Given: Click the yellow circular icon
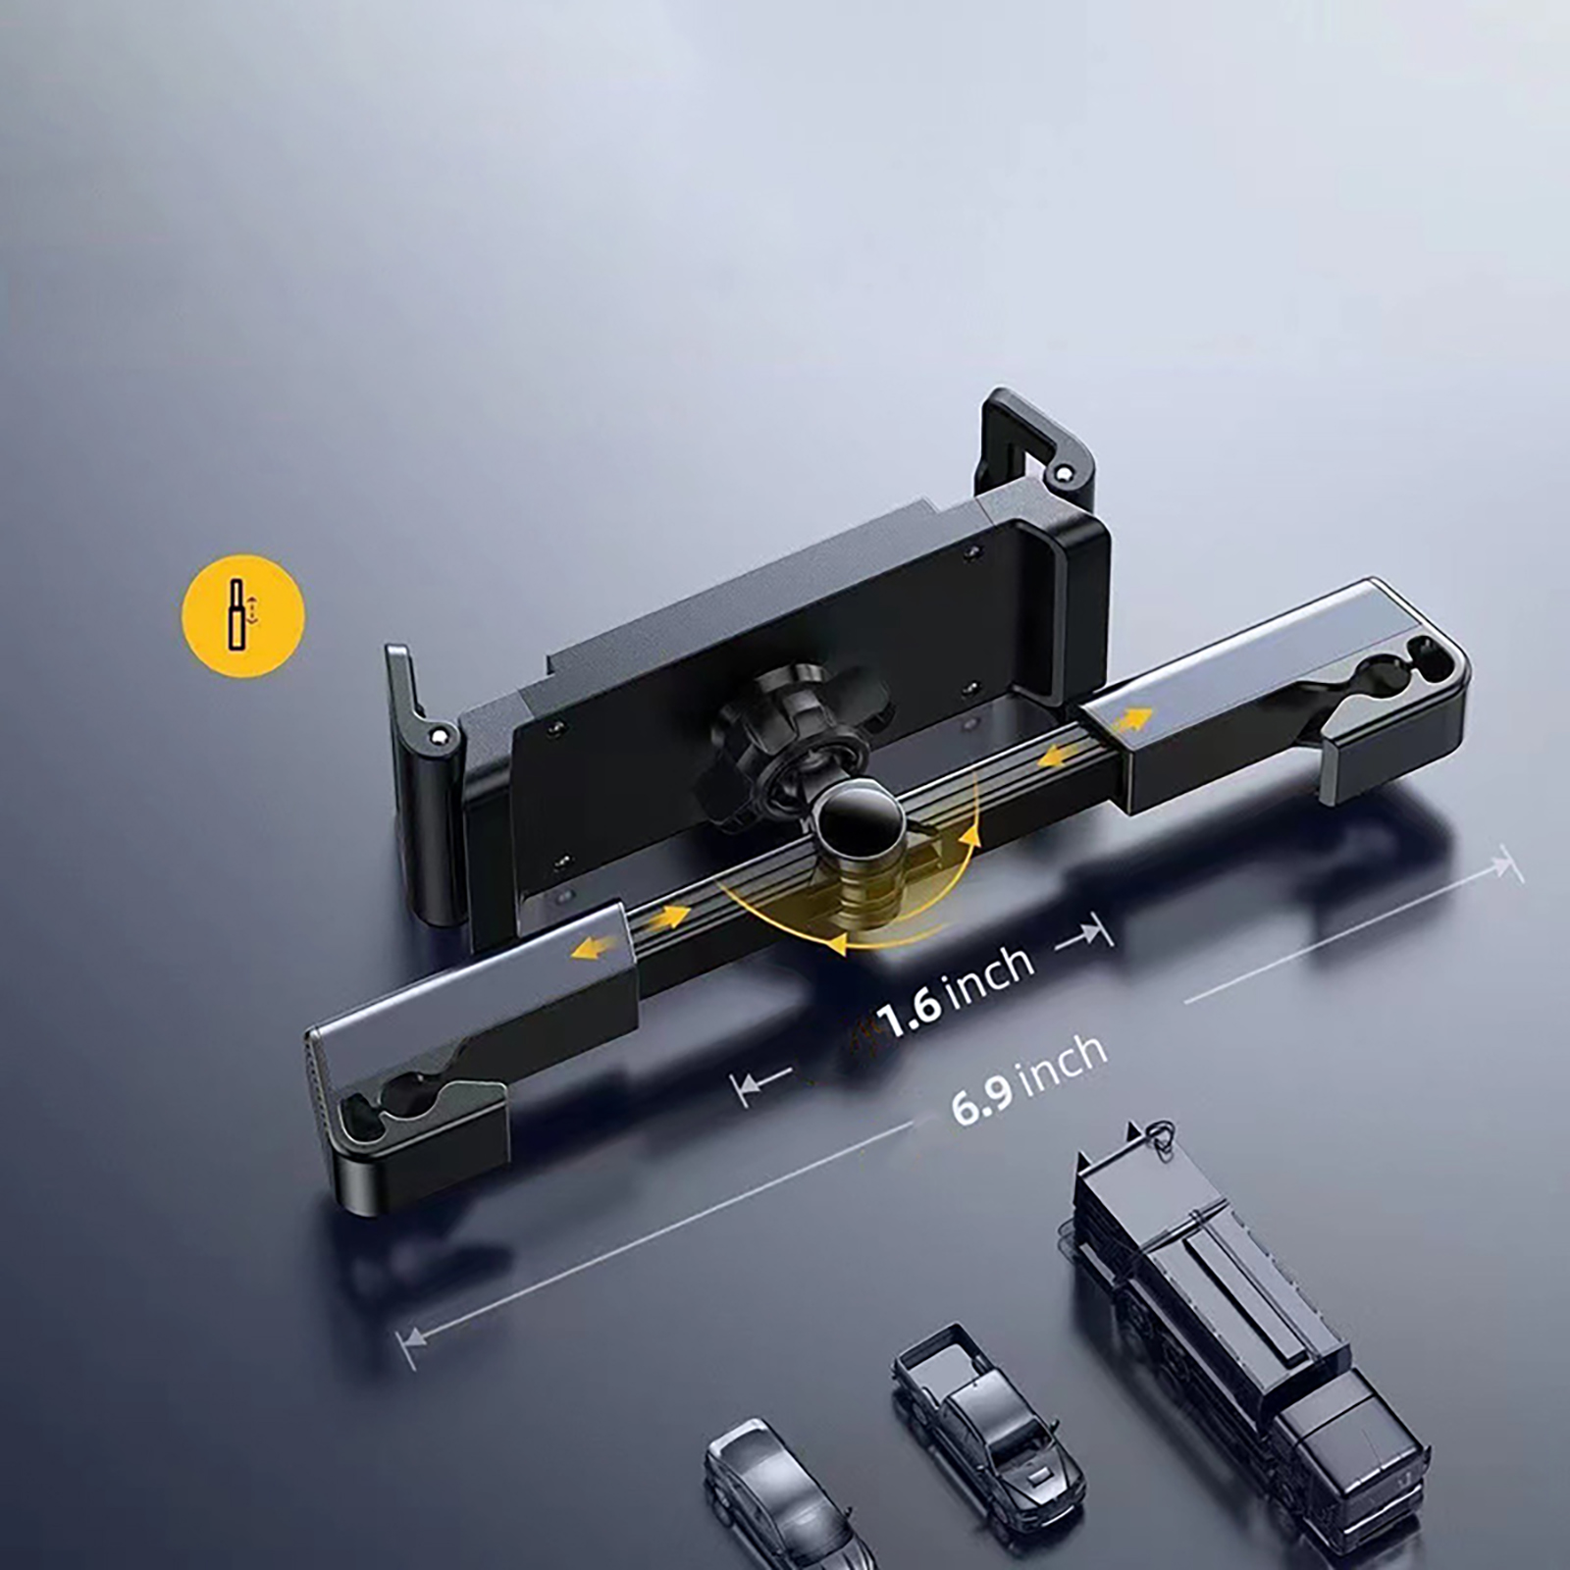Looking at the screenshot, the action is (x=243, y=615).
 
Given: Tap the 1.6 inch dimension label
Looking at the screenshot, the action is (x=956, y=992).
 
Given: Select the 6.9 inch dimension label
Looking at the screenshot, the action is (x=1028, y=1079).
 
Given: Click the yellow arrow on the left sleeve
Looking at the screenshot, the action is (x=598, y=946).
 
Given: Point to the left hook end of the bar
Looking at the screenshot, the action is (x=412, y=1119).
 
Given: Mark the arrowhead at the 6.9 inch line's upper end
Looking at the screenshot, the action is (x=1508, y=866).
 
